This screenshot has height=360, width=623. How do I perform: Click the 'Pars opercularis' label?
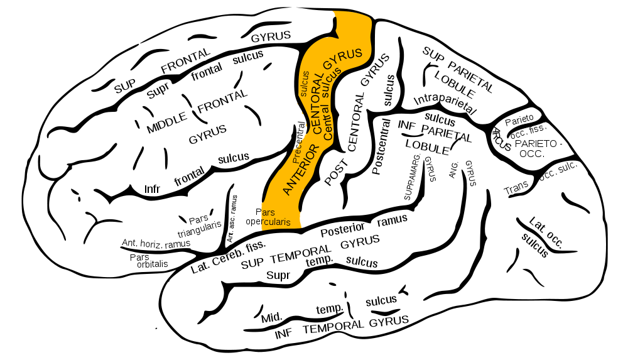click(x=268, y=217)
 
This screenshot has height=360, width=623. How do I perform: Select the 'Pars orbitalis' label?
click(x=149, y=260)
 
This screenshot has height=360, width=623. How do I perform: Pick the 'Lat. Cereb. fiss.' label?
click(x=228, y=257)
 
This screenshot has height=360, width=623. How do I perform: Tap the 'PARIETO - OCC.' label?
click(x=536, y=148)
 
